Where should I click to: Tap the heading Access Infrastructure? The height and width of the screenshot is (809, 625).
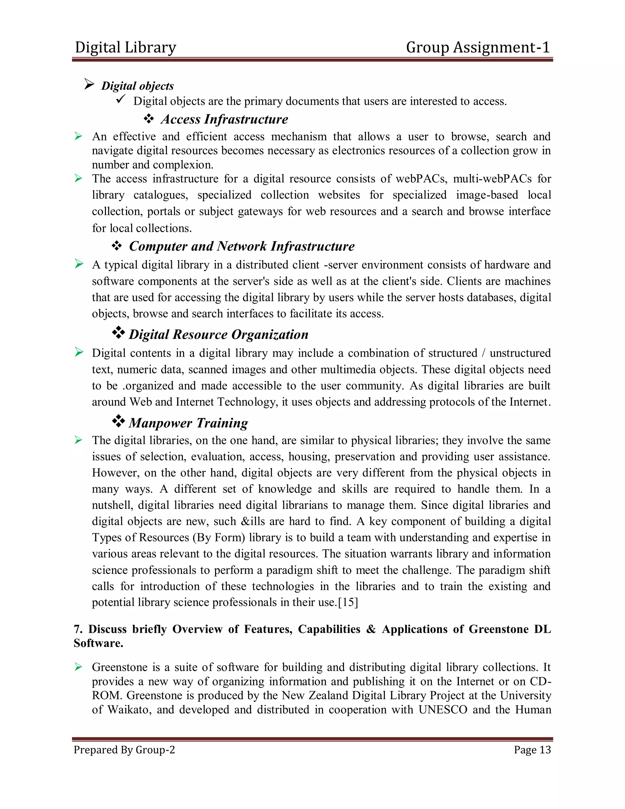(x=224, y=119)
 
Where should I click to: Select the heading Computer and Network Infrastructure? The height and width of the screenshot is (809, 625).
(x=241, y=246)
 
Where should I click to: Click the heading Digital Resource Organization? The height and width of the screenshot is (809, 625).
(x=219, y=335)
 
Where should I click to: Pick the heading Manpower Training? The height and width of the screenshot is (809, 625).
(x=188, y=423)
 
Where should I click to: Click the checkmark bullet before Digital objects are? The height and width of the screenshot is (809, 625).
(x=121, y=99)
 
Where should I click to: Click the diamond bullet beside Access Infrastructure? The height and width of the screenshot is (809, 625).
(x=149, y=118)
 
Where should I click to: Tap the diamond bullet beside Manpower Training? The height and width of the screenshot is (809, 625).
(x=118, y=421)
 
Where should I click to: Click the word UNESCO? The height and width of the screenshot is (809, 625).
(x=443, y=710)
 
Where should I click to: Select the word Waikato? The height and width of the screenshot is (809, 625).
(x=128, y=710)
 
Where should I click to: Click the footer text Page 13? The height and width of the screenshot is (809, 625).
(x=532, y=750)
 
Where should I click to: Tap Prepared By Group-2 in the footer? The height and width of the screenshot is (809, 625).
(x=124, y=750)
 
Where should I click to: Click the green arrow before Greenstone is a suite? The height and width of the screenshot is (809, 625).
(x=78, y=667)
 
